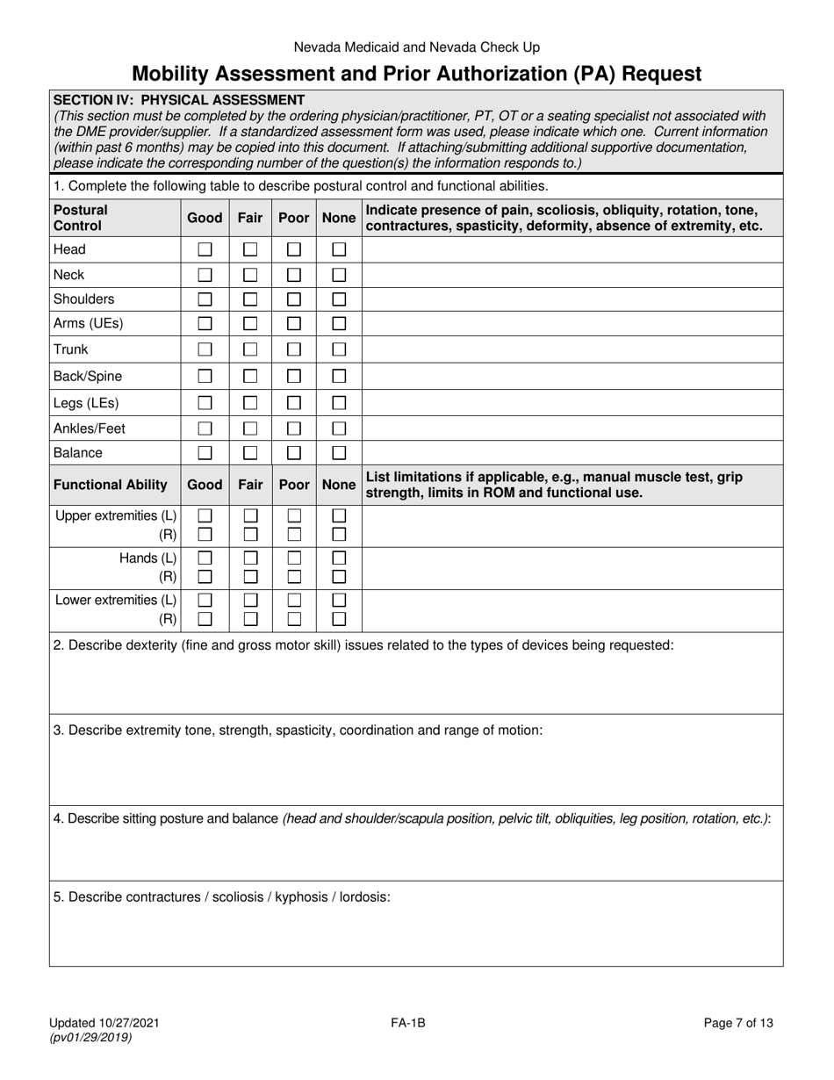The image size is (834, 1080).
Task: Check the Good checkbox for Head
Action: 205,249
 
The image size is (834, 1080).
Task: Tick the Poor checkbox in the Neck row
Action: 295,275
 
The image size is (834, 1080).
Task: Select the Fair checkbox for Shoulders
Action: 250,299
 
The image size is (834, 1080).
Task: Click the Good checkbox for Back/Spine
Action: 205,377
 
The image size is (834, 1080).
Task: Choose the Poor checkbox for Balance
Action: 295,453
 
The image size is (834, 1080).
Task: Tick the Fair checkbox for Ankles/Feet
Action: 250,428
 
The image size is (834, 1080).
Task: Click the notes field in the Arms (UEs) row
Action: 572,323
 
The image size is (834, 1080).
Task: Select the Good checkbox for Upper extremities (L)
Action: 205,516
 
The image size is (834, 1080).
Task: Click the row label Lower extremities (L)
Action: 116,601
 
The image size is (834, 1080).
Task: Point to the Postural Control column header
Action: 81,218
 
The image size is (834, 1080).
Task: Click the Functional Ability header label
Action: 111,485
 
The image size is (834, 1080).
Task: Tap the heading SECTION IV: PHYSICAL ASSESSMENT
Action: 179,100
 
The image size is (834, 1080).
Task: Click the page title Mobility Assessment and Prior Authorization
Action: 416,74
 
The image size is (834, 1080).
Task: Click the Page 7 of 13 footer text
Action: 738,1022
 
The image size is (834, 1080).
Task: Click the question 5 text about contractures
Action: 222,897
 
